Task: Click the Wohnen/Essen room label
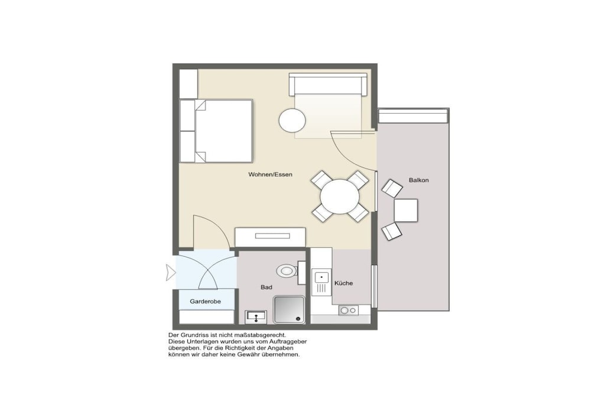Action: pyautogui.click(x=270, y=174)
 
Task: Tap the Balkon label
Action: pyautogui.click(x=419, y=180)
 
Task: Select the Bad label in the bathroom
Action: pyautogui.click(x=266, y=287)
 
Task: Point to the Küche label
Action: pyautogui.click(x=343, y=283)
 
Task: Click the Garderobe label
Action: pyautogui.click(x=205, y=301)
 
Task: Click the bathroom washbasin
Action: pyautogui.click(x=255, y=316)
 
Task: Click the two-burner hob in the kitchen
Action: pyautogui.click(x=349, y=310)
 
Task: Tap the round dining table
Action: pyautogui.click(x=340, y=196)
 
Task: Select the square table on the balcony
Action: pyautogui.click(x=405, y=211)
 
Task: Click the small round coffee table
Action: pyautogui.click(x=292, y=120)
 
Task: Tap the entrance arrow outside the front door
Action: pyautogui.click(x=171, y=273)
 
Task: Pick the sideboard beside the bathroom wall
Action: pyautogui.click(x=270, y=237)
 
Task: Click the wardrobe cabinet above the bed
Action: pyautogui.click(x=188, y=84)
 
